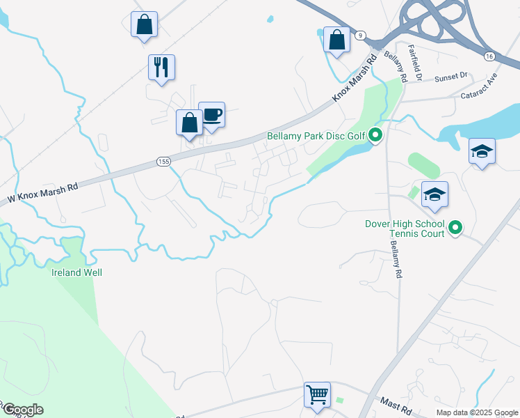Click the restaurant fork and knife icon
tap(161, 68)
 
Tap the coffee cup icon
tap(211, 114)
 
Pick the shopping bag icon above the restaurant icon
tap(145, 24)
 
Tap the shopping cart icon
tap(317, 394)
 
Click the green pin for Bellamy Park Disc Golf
tap(375, 134)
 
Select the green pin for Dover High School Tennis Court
tap(455, 228)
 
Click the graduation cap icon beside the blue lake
tap(482, 151)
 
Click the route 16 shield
tap(489, 56)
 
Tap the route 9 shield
tap(359, 35)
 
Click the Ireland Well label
tap(77, 272)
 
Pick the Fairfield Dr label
tap(415, 63)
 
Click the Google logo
tap(23, 410)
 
